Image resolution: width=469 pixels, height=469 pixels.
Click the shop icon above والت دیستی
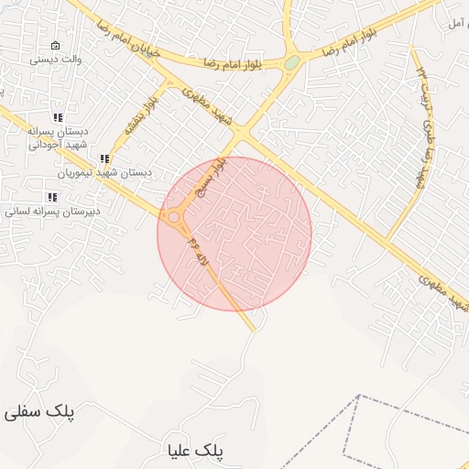click(55, 46)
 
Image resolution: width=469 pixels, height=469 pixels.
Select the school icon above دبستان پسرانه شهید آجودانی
click(58, 117)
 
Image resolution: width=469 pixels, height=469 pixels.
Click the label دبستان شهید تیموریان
click(105, 172)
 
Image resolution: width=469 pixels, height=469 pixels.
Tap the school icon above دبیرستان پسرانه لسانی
click(51, 197)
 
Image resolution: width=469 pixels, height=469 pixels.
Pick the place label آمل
click(455, 20)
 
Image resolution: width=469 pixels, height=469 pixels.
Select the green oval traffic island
click(291, 63)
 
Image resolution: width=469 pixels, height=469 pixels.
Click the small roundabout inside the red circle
click(173, 217)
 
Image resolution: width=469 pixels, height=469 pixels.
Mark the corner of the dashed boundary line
click(359, 397)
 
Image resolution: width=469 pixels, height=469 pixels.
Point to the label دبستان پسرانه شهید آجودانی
click(57, 137)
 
